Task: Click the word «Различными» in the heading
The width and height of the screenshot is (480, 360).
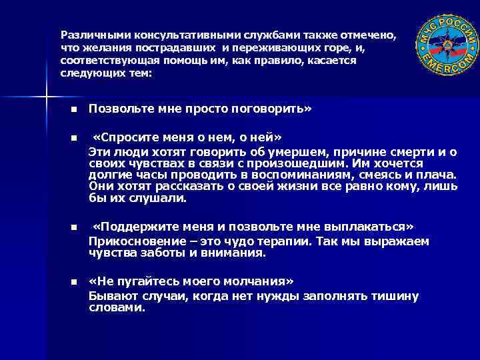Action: (x=88, y=34)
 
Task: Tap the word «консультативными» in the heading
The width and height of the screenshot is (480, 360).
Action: (x=171, y=34)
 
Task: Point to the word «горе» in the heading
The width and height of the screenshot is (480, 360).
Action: (x=321, y=47)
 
